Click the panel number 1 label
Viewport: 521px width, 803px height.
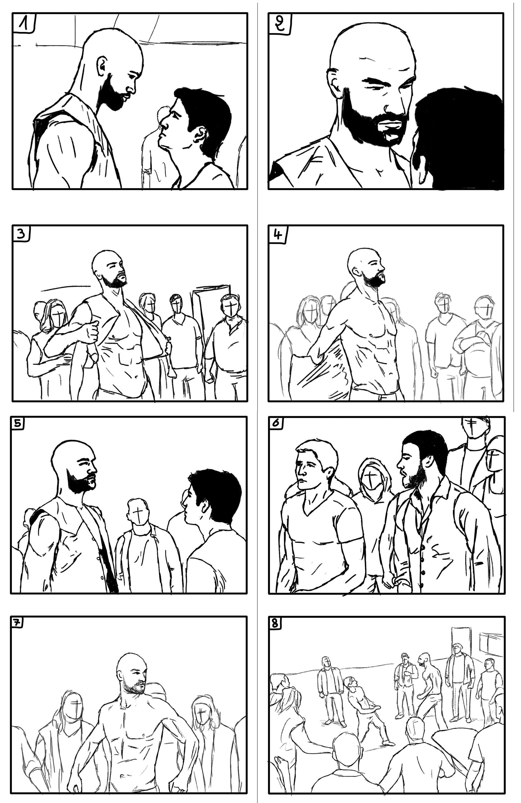23,24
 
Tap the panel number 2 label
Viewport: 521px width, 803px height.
279,24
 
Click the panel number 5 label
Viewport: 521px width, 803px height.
18,424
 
